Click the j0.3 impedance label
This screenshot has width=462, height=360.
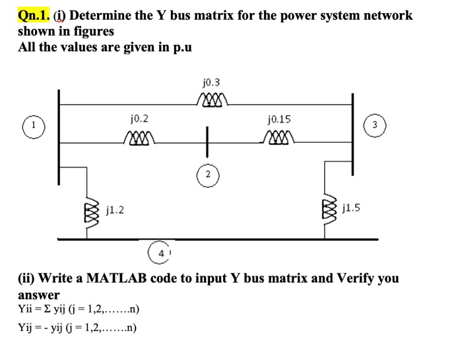(212, 83)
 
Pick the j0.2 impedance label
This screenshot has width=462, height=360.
(139, 119)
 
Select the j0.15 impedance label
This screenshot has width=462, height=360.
(279, 120)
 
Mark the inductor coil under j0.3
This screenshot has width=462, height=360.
(212, 99)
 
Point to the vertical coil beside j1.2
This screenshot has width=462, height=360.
(92, 212)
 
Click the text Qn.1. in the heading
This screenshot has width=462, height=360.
(32, 15)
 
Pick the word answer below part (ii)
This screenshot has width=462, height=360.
(38, 295)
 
